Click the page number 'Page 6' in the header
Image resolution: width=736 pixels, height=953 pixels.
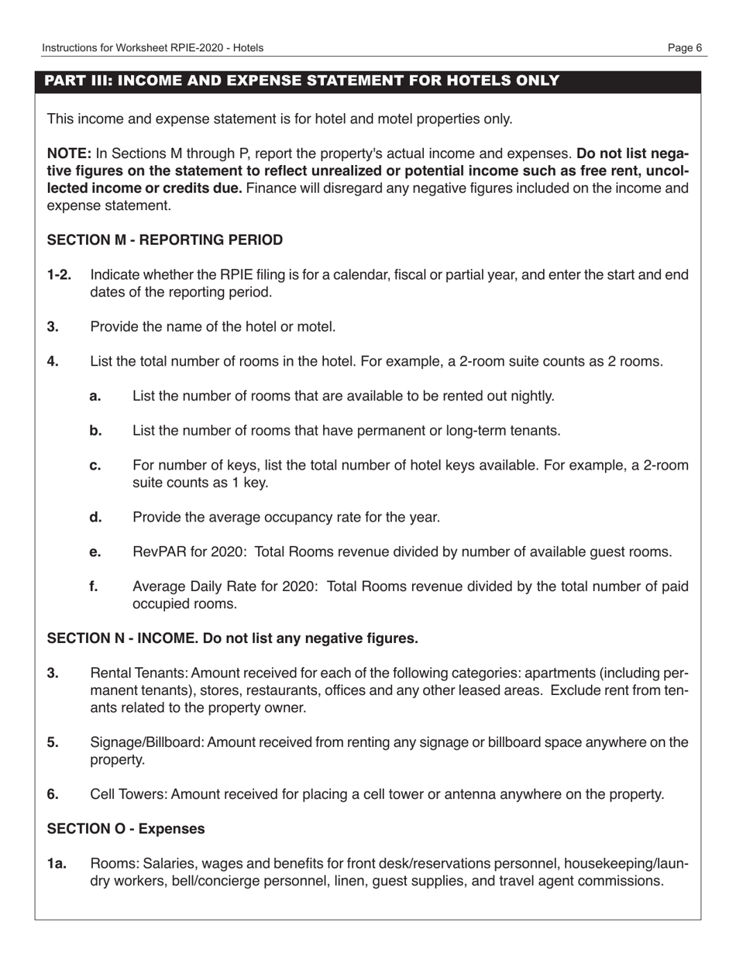coord(685,48)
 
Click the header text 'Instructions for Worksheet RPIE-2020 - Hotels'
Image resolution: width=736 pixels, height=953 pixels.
coord(153,48)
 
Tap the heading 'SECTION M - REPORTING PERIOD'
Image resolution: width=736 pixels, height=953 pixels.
coord(165,240)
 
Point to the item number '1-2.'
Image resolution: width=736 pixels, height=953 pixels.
coord(59,275)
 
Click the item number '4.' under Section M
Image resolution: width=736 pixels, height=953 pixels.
coord(53,362)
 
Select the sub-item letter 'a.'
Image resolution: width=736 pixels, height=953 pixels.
coord(95,397)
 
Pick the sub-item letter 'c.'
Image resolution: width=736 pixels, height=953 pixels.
coord(95,466)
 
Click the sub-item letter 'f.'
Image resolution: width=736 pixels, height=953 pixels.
coord(94,587)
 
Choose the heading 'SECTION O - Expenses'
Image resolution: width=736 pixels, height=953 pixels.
coord(126,829)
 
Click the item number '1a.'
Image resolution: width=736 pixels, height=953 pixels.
coord(57,863)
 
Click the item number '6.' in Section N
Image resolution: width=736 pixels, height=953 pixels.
coord(53,794)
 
